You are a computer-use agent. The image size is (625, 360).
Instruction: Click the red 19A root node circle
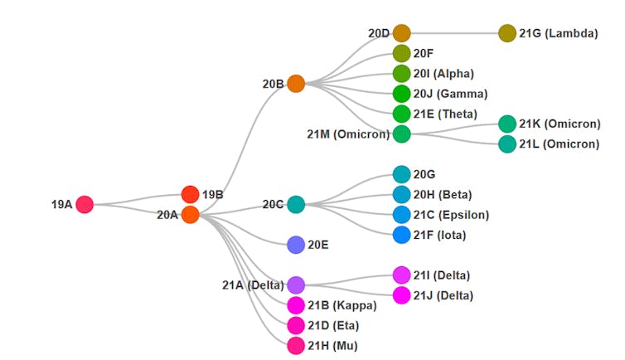(x=84, y=204)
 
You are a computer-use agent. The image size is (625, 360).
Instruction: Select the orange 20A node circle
(x=190, y=215)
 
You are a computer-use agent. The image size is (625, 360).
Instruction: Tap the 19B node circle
(x=190, y=195)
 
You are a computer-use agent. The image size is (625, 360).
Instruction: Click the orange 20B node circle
(x=296, y=84)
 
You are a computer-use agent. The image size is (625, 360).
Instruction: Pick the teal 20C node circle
(x=296, y=204)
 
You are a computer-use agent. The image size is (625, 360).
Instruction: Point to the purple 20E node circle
(x=296, y=245)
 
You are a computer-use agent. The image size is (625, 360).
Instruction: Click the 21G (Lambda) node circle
(x=507, y=34)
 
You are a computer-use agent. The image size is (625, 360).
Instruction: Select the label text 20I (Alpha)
(x=443, y=74)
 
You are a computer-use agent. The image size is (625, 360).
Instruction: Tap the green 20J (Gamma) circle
(x=402, y=94)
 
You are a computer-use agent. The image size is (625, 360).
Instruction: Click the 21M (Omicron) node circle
(x=402, y=134)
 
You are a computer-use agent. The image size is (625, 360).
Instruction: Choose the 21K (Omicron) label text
(x=560, y=124)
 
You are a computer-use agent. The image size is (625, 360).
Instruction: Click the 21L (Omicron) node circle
(x=507, y=144)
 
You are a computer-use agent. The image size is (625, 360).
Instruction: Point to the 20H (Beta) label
(x=443, y=195)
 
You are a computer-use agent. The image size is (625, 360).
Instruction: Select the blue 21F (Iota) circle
(x=402, y=235)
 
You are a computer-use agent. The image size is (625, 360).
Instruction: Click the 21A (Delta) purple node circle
(x=296, y=285)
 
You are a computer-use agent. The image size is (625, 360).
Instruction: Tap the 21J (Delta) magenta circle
(x=402, y=295)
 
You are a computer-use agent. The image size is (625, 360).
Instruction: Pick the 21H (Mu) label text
(x=333, y=346)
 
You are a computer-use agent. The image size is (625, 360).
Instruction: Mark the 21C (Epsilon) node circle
(x=402, y=215)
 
